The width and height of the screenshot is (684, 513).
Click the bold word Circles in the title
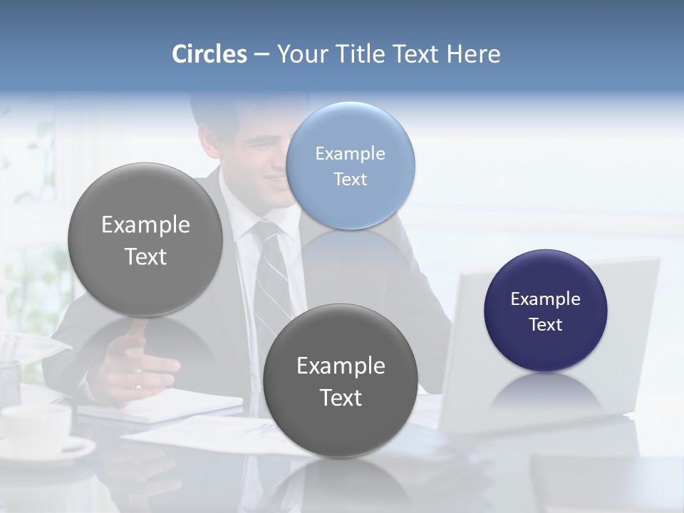click(209, 54)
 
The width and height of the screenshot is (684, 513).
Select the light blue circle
click(351, 165)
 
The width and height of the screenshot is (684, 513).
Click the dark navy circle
click(546, 311)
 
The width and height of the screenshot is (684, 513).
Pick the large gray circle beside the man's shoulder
click(145, 239)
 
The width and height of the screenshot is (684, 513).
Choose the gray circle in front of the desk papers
click(341, 380)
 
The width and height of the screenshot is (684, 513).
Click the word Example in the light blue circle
click(351, 153)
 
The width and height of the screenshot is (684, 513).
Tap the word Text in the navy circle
click(546, 324)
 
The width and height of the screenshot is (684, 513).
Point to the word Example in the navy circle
click(546, 299)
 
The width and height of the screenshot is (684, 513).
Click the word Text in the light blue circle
click(351, 179)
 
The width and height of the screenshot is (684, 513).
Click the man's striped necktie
click(271, 285)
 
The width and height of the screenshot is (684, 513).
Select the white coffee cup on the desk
click(36, 427)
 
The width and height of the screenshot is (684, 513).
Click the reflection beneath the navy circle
click(546, 392)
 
